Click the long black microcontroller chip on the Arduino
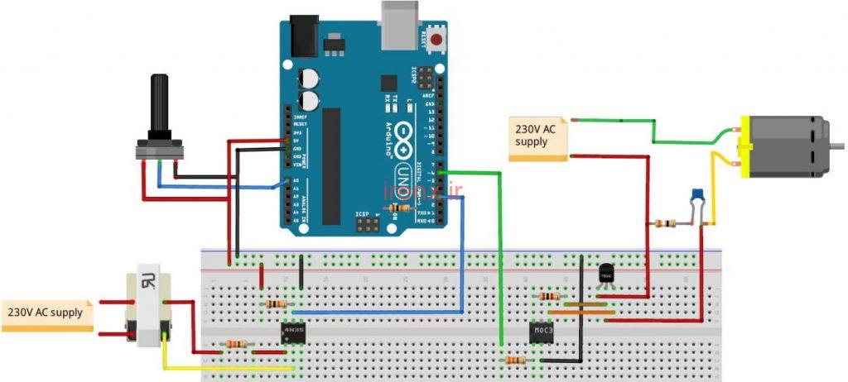(x=331, y=165)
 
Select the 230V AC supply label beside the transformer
(x=46, y=313)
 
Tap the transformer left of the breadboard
(x=147, y=307)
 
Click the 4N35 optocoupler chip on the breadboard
(x=292, y=332)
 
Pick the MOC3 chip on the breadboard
(x=542, y=332)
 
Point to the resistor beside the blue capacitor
(x=663, y=223)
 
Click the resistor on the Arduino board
(x=400, y=208)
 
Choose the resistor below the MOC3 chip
(x=516, y=361)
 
